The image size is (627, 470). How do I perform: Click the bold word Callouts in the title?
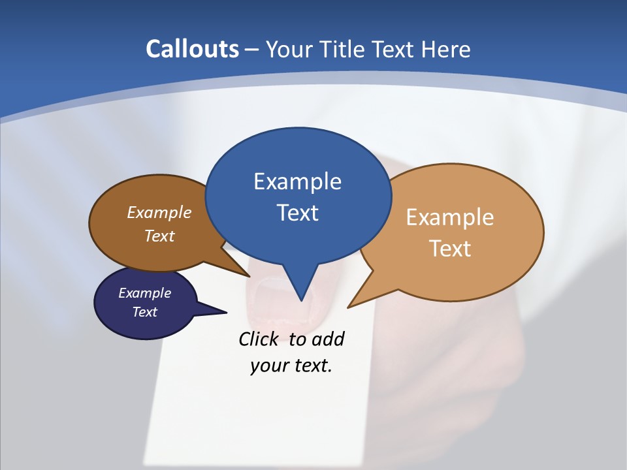point(193,50)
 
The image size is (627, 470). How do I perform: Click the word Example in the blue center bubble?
point(297,181)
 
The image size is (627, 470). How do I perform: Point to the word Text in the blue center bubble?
point(297,213)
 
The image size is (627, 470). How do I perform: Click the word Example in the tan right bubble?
point(450,217)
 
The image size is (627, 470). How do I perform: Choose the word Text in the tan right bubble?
point(450,249)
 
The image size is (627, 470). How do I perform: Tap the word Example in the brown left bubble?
point(159,213)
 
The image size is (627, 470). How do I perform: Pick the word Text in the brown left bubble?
point(159,236)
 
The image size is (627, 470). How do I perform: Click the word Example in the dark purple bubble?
point(144,293)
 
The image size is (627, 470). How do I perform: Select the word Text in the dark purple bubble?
point(144,312)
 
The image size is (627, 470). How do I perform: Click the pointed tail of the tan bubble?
point(353,303)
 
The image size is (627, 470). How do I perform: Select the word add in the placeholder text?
point(328,339)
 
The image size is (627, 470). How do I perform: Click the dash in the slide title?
point(252,50)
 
